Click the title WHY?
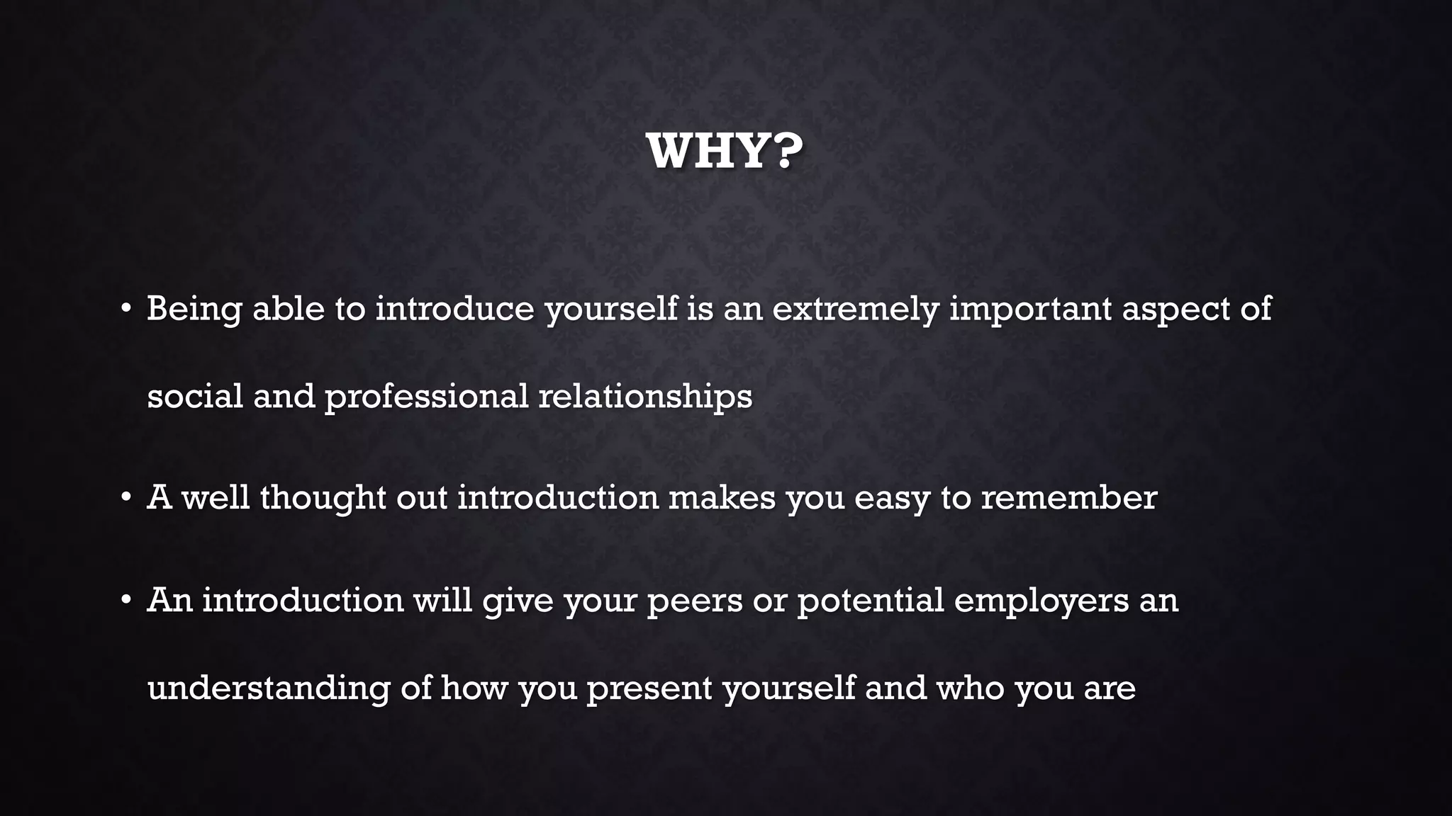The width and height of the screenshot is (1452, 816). (725, 151)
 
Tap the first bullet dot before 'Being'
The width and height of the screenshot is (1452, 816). (125, 309)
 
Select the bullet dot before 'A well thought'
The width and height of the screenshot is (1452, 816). (125, 498)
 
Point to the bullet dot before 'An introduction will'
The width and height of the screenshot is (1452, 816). (125, 601)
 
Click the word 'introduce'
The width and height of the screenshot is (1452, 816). (454, 309)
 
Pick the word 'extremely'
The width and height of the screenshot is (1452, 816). (855, 309)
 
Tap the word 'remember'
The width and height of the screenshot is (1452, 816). (1069, 498)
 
